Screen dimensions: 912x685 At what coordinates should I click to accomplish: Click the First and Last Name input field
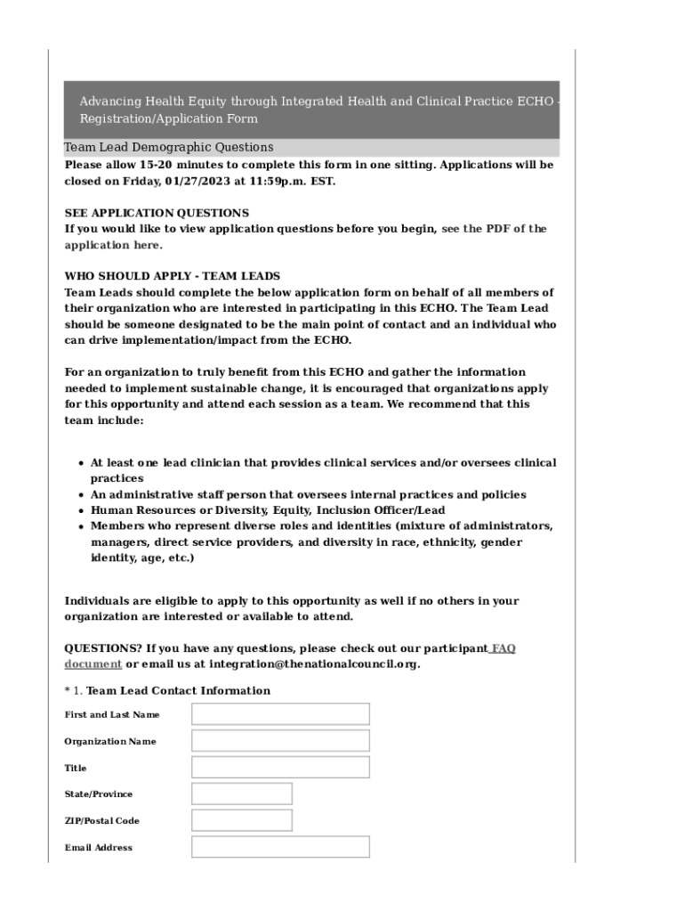(280, 714)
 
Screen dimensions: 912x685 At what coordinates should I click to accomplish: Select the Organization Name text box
(280, 741)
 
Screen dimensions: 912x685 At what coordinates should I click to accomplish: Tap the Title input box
(280, 768)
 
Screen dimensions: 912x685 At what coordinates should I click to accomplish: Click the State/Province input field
(241, 794)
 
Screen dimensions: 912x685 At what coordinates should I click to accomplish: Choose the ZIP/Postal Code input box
(241, 820)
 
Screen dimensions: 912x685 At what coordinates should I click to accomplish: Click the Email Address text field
(280, 847)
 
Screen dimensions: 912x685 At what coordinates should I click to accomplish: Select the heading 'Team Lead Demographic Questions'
(169, 147)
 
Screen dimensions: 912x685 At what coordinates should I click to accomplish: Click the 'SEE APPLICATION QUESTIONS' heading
(157, 213)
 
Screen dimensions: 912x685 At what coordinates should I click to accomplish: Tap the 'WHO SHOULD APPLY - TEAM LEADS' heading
(172, 276)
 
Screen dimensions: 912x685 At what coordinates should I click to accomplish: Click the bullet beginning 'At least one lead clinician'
(323, 463)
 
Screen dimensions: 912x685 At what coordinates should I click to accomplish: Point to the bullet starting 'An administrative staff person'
(308, 494)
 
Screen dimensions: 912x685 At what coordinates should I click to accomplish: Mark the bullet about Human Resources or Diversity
(268, 510)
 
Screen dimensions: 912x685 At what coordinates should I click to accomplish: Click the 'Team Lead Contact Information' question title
(178, 691)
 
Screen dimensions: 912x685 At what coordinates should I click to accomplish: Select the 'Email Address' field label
(98, 848)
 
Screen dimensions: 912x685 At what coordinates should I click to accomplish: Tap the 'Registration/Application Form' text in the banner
(169, 118)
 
